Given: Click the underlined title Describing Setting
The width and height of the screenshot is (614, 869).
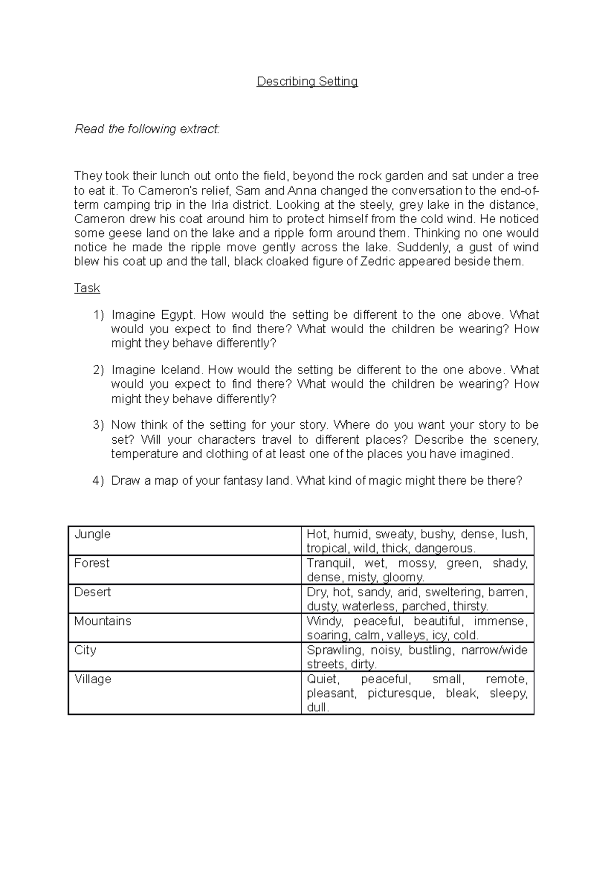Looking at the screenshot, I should tap(307, 81).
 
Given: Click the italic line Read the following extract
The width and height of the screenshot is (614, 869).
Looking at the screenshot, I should tap(147, 129).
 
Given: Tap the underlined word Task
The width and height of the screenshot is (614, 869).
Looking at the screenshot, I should tap(87, 288).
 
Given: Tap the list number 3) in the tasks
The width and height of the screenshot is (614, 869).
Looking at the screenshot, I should tap(98, 425).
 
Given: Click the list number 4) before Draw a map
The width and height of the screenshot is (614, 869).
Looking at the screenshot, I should tap(98, 481).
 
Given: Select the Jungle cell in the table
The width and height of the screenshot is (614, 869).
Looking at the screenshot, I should tap(93, 534).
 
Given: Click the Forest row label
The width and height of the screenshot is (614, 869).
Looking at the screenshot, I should tap(92, 563).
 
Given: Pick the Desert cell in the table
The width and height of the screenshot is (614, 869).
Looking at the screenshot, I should tap(93, 593).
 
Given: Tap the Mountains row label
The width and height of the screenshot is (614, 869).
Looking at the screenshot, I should tap(103, 621).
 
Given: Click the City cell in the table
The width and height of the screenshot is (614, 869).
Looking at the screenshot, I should tap(85, 650).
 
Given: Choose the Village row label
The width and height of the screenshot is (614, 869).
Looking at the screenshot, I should tap(93, 680).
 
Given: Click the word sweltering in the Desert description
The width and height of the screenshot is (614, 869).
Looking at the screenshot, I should tap(453, 593).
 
